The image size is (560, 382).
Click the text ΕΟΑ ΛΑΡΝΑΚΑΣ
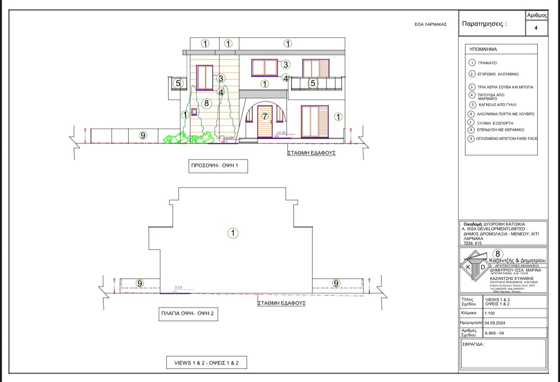click(430, 25)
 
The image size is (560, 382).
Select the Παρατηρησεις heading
click(484, 24)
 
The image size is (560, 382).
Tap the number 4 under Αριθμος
click(536, 28)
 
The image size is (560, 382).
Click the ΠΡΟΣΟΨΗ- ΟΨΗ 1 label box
click(218, 166)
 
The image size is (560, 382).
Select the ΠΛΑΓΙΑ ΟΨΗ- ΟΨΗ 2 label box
click(187, 314)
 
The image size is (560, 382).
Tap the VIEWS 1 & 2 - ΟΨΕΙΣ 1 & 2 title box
click(207, 363)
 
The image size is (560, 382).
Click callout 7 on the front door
click(265, 116)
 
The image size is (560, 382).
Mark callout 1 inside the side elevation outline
click(233, 233)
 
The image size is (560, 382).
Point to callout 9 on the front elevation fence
click(143, 135)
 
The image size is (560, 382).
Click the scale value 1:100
click(490, 313)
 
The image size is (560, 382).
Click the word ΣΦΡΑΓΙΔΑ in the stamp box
click(473, 344)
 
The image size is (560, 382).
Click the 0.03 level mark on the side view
click(178, 288)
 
